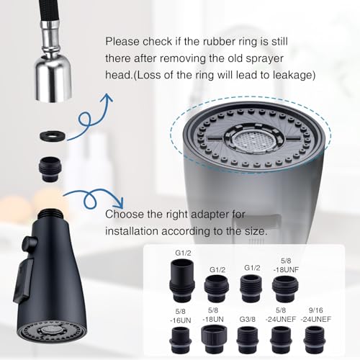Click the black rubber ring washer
pyautogui.click(x=53, y=136)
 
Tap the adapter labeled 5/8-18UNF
pyautogui.click(x=285, y=289)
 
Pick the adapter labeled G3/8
pyautogui.click(x=247, y=340)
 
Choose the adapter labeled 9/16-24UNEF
pyautogui.click(x=315, y=340)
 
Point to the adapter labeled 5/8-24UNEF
pyautogui.click(x=281, y=340)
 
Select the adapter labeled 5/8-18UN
pyautogui.click(x=214, y=339)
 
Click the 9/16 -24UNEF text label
pyautogui.click(x=316, y=315)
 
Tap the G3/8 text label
pyautogui.click(x=248, y=319)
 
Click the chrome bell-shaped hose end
pyautogui.click(x=53, y=79)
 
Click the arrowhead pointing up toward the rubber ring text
pyautogui.click(x=107, y=99)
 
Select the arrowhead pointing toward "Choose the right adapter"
pyautogui.click(x=119, y=204)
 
